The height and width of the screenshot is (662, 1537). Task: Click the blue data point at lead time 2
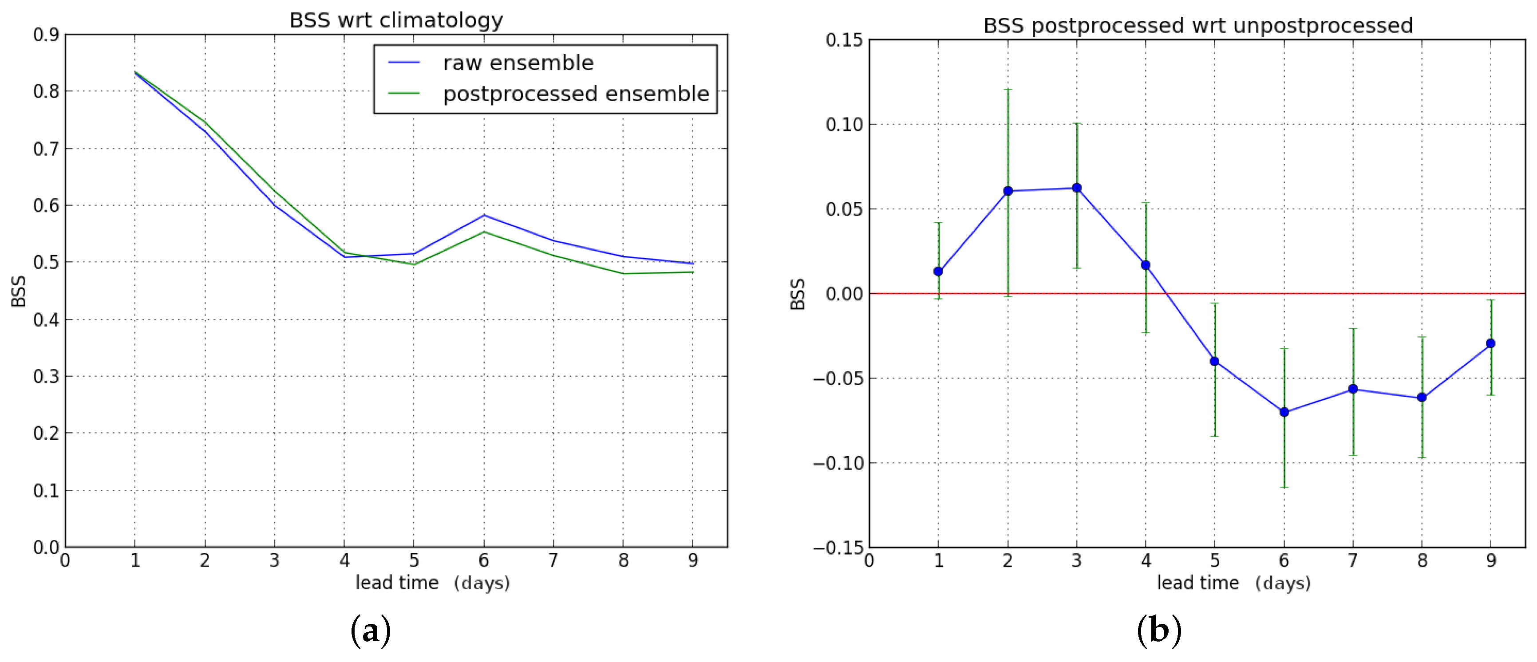click(x=1008, y=191)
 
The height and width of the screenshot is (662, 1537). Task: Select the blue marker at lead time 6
click(x=1284, y=412)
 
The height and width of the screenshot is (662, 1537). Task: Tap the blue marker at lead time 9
click(x=1490, y=343)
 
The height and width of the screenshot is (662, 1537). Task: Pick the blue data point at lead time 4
click(x=1146, y=265)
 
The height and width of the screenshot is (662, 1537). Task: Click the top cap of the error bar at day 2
click(x=1008, y=90)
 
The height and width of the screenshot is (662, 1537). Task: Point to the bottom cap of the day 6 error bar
click(x=1284, y=487)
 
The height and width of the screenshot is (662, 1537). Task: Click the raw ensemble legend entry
click(x=518, y=63)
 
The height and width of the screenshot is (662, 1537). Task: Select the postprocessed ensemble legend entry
click(x=576, y=94)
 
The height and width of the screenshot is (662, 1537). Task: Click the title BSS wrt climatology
click(x=396, y=20)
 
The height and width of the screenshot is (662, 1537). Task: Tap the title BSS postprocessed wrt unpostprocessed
click(x=1197, y=26)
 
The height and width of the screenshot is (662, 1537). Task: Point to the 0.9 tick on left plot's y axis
click(x=46, y=35)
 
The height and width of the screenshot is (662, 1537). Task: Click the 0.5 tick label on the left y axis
click(x=46, y=262)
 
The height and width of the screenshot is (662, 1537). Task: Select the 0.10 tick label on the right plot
click(x=844, y=125)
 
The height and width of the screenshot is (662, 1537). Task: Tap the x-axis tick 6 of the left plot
click(x=483, y=560)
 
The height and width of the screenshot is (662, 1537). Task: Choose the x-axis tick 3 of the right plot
click(x=1076, y=560)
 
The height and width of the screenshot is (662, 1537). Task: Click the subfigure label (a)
click(x=371, y=630)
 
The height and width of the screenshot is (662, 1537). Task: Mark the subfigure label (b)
click(x=1159, y=630)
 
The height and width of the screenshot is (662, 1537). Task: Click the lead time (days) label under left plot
click(x=433, y=583)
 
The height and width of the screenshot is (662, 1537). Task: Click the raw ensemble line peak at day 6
click(x=484, y=215)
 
